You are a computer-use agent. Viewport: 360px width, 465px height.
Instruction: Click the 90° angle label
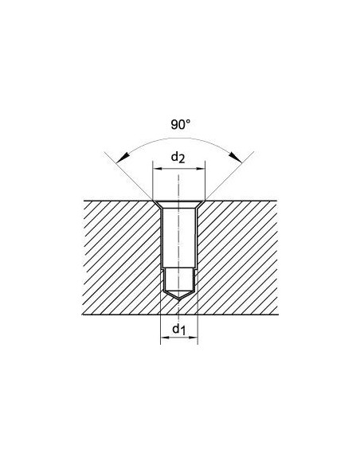[180, 124]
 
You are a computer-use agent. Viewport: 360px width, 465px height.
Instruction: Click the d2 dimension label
[178, 157]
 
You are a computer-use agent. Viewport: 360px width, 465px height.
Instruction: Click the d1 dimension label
[179, 329]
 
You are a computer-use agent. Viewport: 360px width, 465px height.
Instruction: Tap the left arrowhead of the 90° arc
[123, 158]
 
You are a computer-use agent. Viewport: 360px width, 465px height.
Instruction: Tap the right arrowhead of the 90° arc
[236, 157]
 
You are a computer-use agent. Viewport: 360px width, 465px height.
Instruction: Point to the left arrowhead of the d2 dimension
[158, 169]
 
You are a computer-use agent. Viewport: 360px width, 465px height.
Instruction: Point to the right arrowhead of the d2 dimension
[200, 169]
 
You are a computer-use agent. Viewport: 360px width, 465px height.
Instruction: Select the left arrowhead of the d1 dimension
[166, 337]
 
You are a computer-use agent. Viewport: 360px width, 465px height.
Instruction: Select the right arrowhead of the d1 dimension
[192, 337]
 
